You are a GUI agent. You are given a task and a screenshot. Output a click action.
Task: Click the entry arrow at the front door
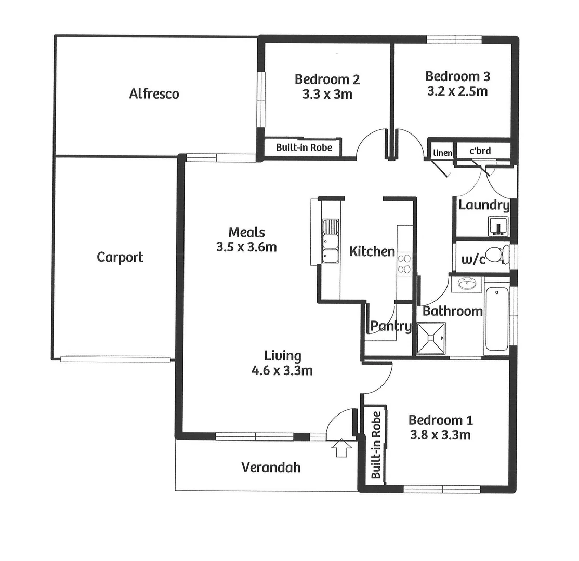pyautogui.click(x=341, y=448)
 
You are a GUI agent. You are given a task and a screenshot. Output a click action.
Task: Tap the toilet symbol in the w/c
pyautogui.click(x=501, y=255)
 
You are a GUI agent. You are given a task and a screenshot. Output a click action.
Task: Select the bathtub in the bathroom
pyautogui.click(x=497, y=319)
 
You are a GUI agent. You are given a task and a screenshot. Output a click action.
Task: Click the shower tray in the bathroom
pyautogui.click(x=431, y=338)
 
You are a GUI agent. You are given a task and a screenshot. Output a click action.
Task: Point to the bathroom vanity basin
pyautogui.click(x=466, y=284)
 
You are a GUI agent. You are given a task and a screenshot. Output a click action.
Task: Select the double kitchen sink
pyautogui.click(x=330, y=241)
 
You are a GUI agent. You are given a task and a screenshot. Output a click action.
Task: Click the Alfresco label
pyautogui.click(x=154, y=94)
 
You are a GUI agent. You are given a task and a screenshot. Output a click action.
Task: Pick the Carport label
pyautogui.click(x=120, y=257)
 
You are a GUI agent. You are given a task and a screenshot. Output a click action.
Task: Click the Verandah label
pyautogui.click(x=271, y=468)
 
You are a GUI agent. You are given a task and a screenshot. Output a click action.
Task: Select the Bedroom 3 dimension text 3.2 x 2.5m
pyautogui.click(x=457, y=91)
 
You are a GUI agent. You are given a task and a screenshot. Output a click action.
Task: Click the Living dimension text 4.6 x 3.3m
pyautogui.click(x=282, y=370)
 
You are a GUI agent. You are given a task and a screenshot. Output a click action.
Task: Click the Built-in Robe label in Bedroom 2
pyautogui.click(x=304, y=148)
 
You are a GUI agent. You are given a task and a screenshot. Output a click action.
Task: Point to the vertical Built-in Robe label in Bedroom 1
pyautogui.click(x=376, y=445)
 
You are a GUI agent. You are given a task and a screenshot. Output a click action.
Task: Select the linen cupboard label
pyautogui.click(x=442, y=153)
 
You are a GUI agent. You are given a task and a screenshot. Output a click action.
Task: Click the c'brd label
pyautogui.click(x=480, y=151)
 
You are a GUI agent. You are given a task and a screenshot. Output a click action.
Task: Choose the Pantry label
pyautogui.click(x=391, y=327)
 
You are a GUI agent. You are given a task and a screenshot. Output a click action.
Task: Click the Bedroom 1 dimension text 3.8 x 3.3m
pyautogui.click(x=440, y=434)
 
